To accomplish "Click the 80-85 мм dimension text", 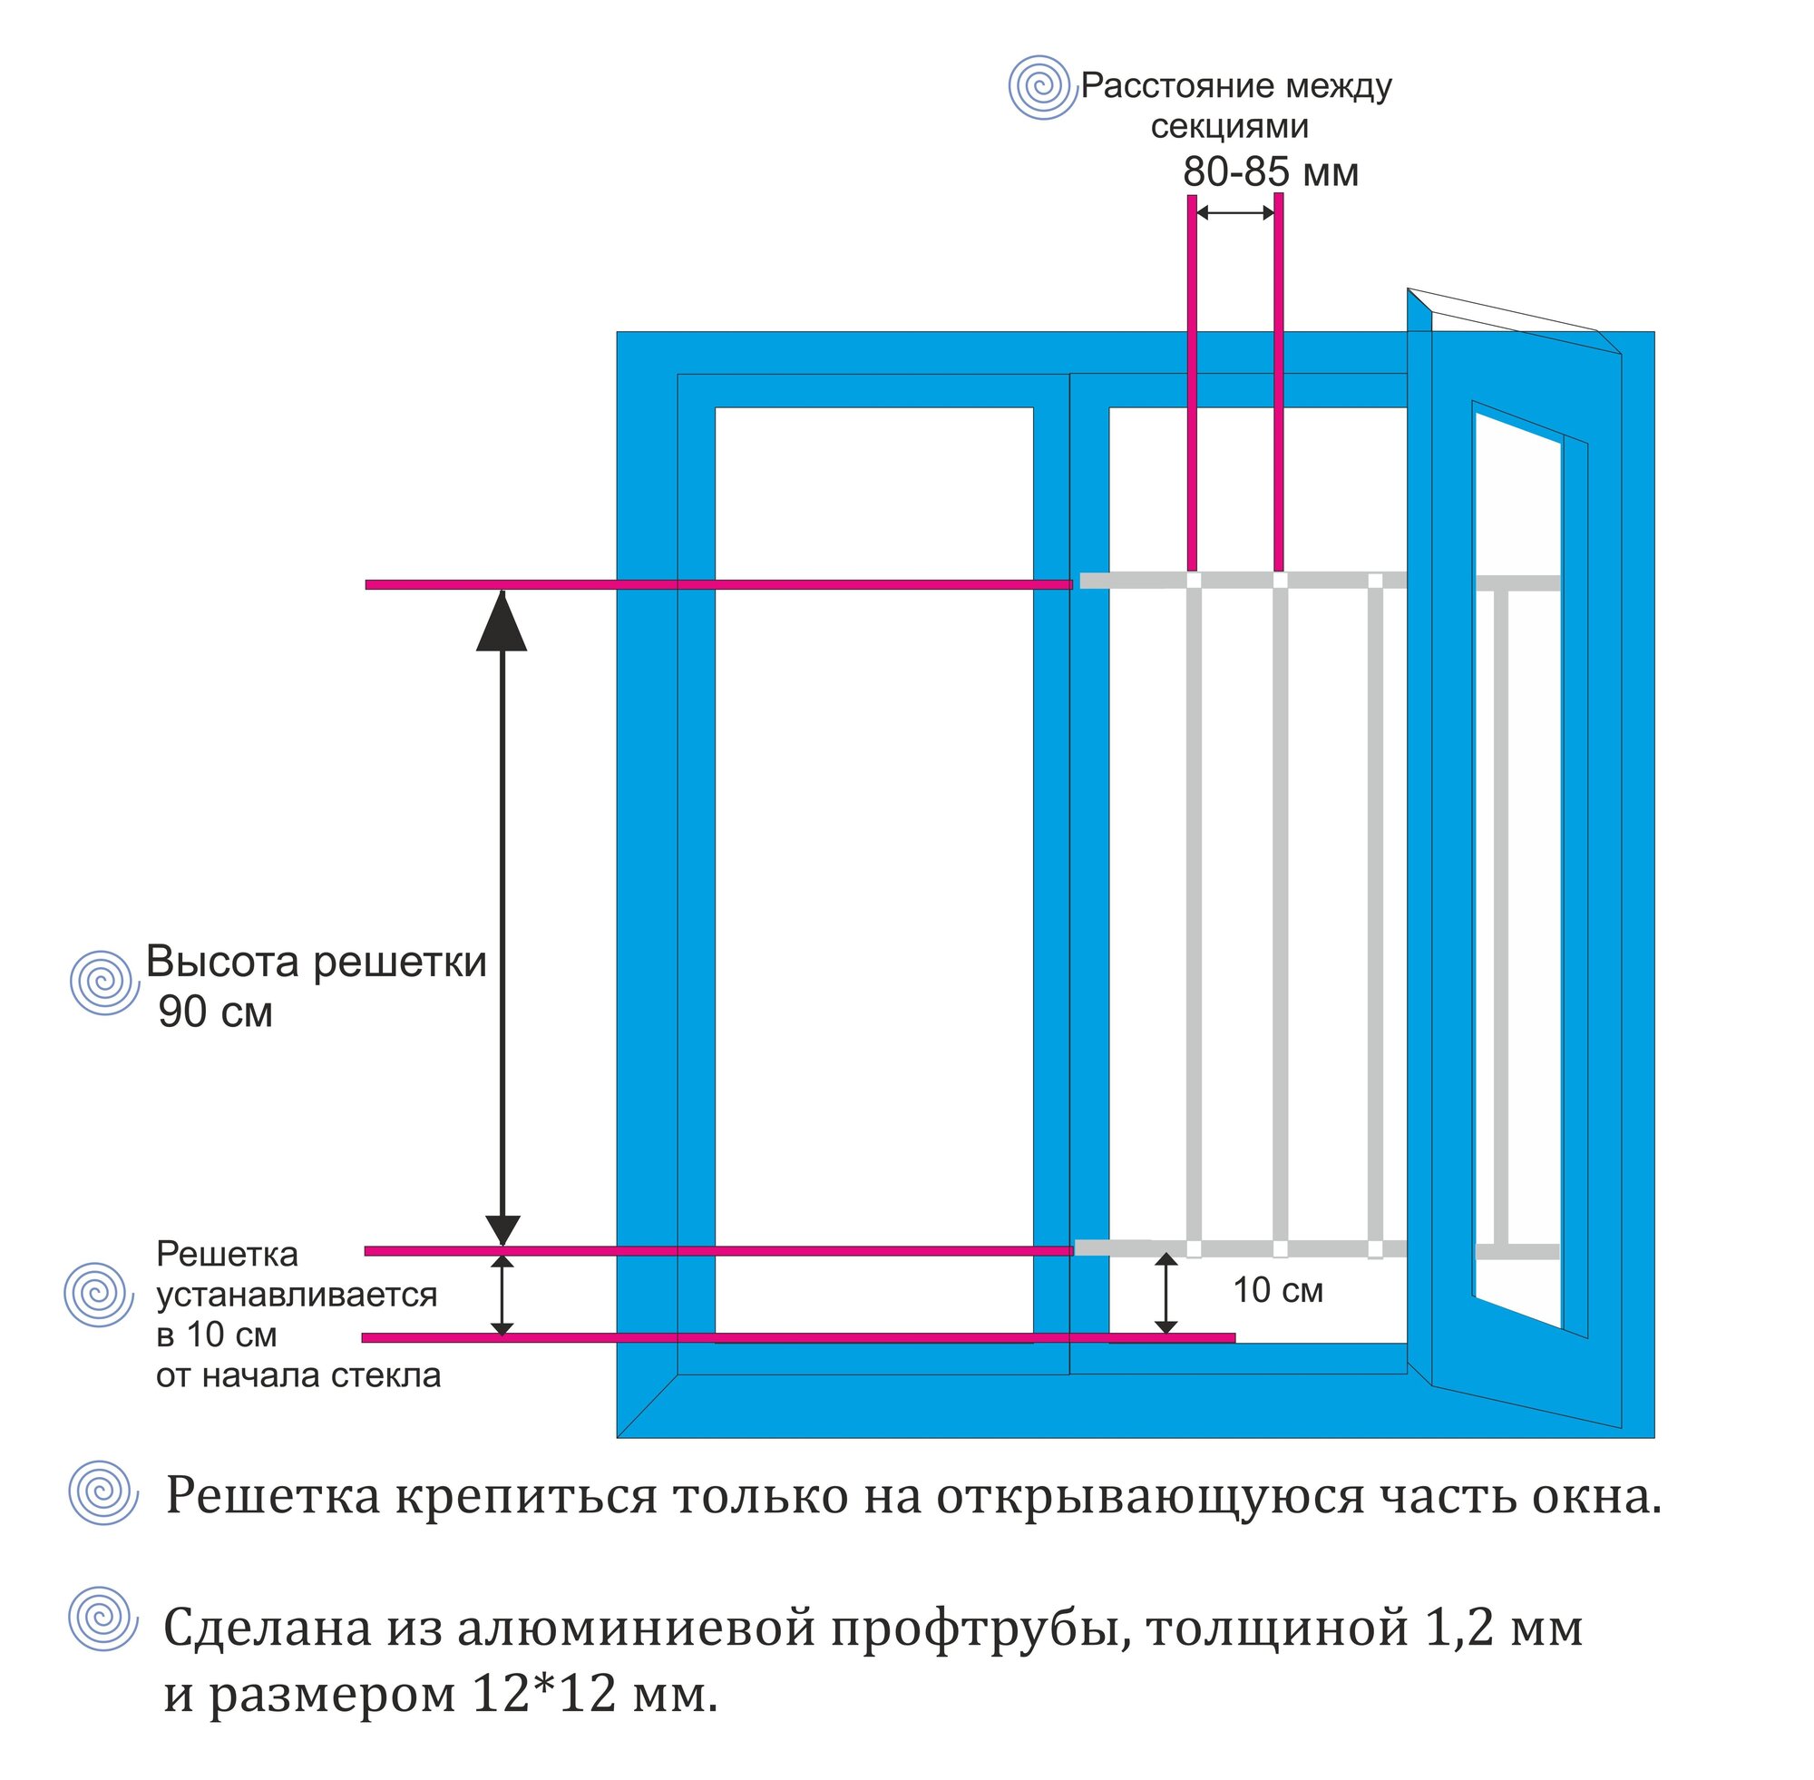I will tap(1270, 172).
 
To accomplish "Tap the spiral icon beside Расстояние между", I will tap(1042, 87).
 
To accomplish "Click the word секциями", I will tap(1229, 127).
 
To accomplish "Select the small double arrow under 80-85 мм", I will tap(1235, 213).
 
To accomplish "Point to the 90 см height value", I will tap(215, 1012).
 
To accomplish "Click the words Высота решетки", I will tap(316, 962).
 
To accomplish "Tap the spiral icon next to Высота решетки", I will tap(104, 983).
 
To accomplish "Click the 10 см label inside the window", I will tap(1278, 1291).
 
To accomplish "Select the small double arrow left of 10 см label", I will tap(1165, 1294).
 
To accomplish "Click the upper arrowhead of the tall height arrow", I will tap(502, 621).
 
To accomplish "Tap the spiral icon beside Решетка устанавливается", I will tap(99, 1294).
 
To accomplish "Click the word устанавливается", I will tap(297, 1295).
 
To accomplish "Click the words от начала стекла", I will tap(298, 1375).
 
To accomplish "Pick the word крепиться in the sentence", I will tap(525, 1496).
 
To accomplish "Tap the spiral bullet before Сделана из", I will tap(103, 1619).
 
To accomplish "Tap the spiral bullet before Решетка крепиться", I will tap(103, 1493).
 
